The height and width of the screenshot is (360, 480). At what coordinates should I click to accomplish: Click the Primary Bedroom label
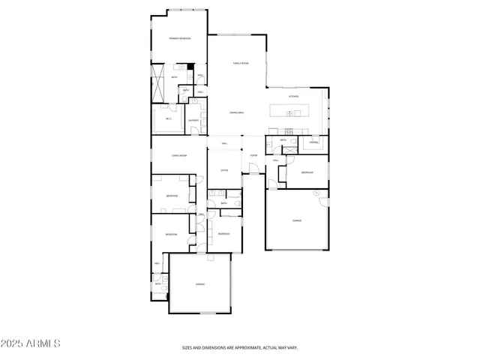point(179,38)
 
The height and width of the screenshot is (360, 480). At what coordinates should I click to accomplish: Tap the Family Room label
point(240,64)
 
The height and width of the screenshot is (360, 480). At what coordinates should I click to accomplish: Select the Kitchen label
point(295,97)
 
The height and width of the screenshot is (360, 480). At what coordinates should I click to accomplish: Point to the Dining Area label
point(237,112)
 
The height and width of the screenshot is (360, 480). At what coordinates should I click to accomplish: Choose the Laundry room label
point(193,120)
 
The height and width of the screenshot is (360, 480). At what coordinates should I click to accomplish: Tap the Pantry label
point(314,142)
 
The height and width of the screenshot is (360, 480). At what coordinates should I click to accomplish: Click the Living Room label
point(178,155)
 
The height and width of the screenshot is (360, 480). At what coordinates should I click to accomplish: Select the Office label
point(224,170)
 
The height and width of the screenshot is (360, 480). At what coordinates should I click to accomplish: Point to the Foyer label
point(253,155)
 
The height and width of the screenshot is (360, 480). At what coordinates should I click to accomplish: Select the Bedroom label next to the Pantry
point(307,172)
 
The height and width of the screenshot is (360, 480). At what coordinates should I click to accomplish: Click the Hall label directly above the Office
point(224,142)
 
